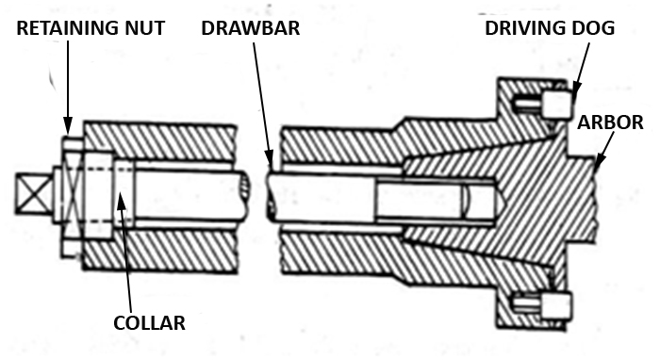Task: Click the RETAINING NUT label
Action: click(x=91, y=29)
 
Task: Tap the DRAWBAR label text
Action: click(x=251, y=29)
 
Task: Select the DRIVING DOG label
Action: click(x=550, y=29)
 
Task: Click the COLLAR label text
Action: click(x=149, y=322)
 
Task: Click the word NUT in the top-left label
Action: click(x=145, y=29)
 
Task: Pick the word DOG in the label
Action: click(x=594, y=29)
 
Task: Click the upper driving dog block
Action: click(x=556, y=103)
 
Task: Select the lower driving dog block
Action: click(x=556, y=304)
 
